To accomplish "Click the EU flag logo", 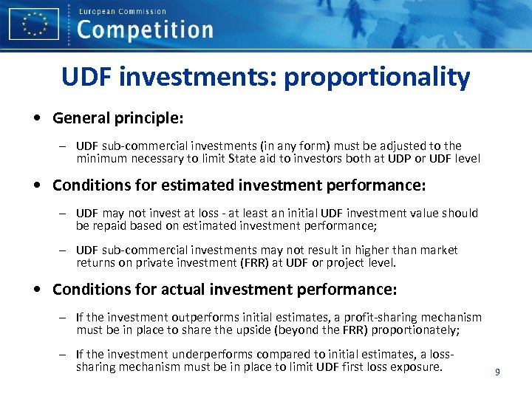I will click(34, 24).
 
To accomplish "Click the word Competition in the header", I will click(145, 30).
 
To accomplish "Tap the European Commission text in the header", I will click(122, 11).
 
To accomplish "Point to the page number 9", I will click(497, 372).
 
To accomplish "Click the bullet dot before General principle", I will click(36, 118).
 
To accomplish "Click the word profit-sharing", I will click(346, 317).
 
